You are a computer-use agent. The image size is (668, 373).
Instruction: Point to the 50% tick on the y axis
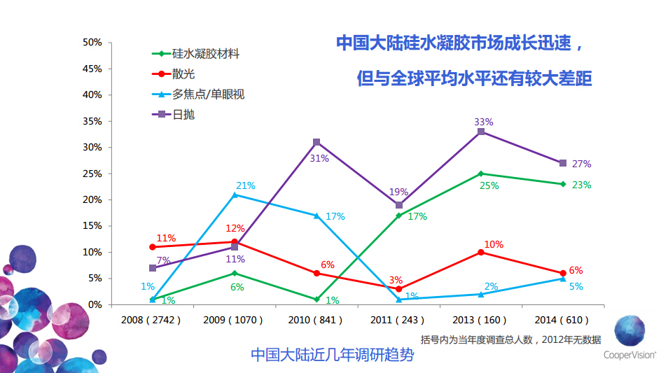92,43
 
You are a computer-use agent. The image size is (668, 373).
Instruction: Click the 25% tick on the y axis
92,174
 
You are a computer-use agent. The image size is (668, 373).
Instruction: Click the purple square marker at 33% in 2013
481,132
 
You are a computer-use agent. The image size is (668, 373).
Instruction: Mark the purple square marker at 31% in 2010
316,142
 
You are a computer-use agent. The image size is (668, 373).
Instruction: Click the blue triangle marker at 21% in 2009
235,195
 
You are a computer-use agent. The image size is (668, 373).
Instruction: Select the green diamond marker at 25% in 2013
481,174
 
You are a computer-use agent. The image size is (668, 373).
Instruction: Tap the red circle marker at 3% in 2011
399,288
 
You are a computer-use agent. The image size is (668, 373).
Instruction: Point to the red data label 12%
235,228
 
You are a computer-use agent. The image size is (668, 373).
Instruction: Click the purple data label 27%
581,164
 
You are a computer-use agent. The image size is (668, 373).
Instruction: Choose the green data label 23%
581,185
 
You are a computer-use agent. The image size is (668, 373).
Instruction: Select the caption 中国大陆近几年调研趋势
332,355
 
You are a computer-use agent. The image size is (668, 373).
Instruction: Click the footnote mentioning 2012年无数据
510,339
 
